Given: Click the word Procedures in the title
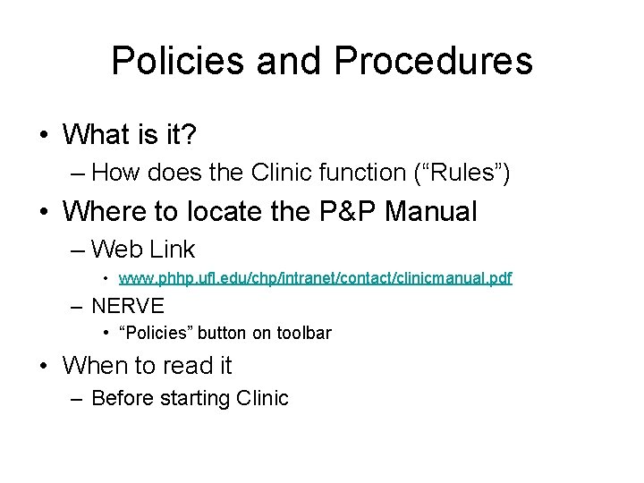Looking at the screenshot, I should pos(434,61).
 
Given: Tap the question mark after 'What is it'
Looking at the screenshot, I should pos(190,135).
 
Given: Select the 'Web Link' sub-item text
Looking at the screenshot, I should pos(143,249).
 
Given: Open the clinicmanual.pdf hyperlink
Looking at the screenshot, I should pos(315,278).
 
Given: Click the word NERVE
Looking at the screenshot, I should pos(128,306).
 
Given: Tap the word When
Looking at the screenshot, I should pos(96,365).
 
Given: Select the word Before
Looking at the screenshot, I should pos(124,398).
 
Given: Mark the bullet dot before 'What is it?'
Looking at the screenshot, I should pos(44,136).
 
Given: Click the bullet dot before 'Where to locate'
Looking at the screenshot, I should pos(44,213).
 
